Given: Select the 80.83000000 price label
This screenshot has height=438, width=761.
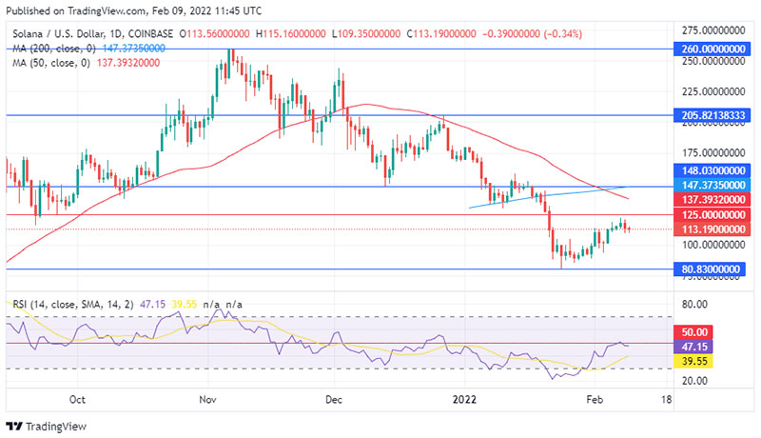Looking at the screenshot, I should [709, 269].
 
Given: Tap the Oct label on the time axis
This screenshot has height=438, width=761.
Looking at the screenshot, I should [79, 400].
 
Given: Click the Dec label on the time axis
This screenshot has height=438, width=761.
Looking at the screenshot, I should [333, 400].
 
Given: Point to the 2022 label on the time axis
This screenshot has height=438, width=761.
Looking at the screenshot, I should [464, 400].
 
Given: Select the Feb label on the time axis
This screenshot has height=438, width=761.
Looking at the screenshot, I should [595, 400].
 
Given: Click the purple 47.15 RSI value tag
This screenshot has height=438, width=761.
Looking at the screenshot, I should [690, 348].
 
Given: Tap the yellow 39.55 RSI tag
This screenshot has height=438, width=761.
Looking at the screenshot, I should [690, 362].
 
